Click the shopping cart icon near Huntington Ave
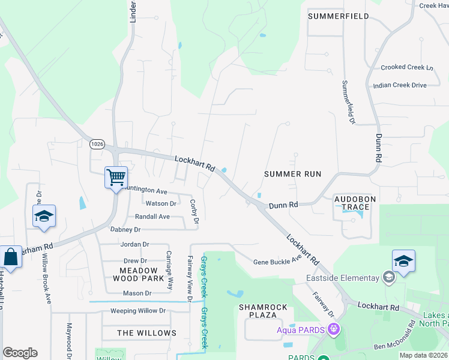(116, 178)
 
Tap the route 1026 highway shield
(97, 144)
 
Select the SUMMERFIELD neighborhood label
(338, 16)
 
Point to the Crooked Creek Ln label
(406, 68)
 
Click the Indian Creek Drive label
(399, 85)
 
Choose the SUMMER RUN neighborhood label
(292, 174)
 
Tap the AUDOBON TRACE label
(352, 203)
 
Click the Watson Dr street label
(160, 203)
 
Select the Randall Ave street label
(152, 217)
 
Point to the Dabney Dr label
(125, 229)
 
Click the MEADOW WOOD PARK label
(138, 275)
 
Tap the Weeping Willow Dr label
(137, 311)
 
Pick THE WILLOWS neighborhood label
(146, 333)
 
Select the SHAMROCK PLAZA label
(263, 311)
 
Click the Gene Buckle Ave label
(277, 262)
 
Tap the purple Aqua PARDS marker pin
(334, 329)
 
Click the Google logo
(20, 353)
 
